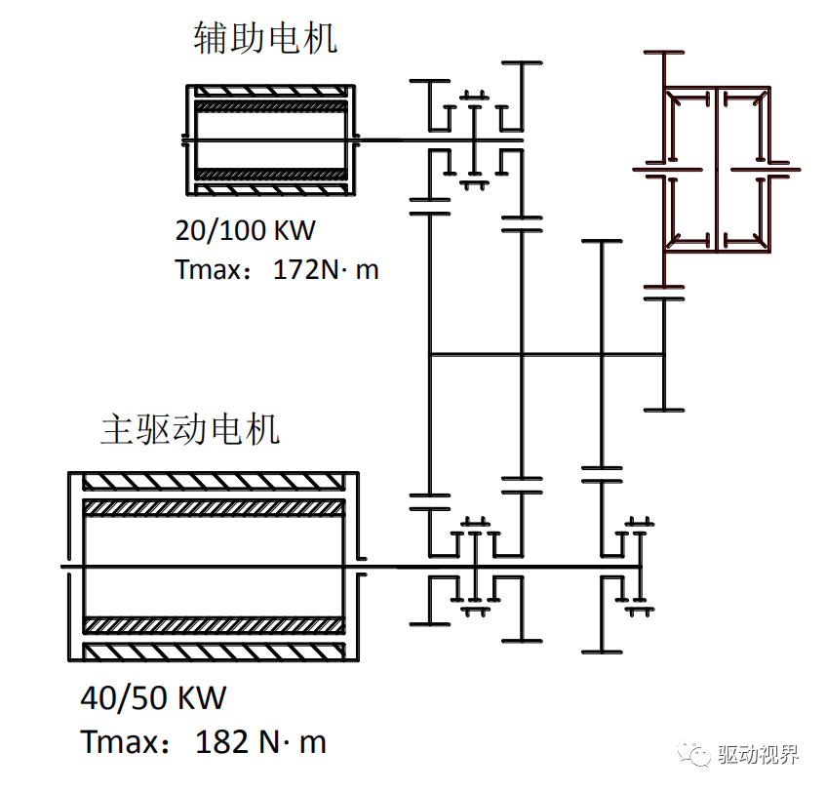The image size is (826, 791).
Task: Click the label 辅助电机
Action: [265, 38]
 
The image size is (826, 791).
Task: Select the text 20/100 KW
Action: [246, 230]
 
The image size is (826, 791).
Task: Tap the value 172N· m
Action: [325, 269]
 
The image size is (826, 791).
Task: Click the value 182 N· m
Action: [260, 742]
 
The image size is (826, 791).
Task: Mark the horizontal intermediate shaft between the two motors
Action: [546, 355]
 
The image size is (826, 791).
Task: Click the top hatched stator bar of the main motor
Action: [214, 482]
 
